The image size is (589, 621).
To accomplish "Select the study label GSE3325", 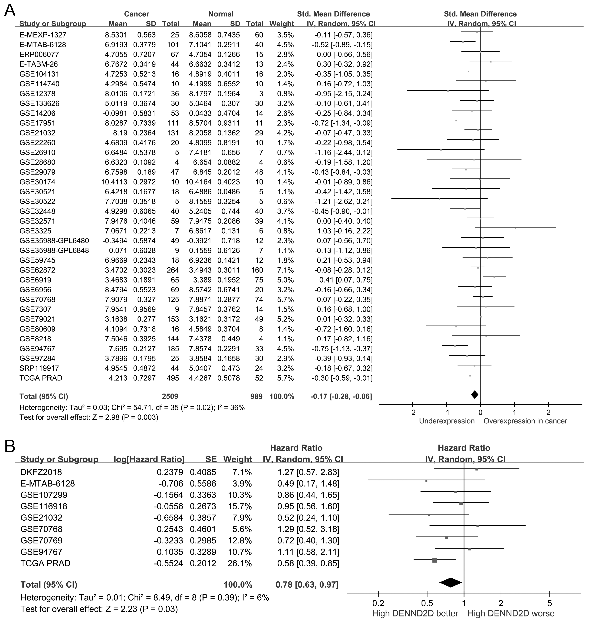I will tap(35, 231).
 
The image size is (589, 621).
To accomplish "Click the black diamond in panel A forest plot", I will tap(474, 395).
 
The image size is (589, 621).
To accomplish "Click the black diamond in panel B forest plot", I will tap(451, 582).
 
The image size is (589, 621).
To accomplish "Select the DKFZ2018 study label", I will tap(41, 472).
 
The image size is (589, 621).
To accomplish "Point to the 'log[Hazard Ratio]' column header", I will tap(149, 459).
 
